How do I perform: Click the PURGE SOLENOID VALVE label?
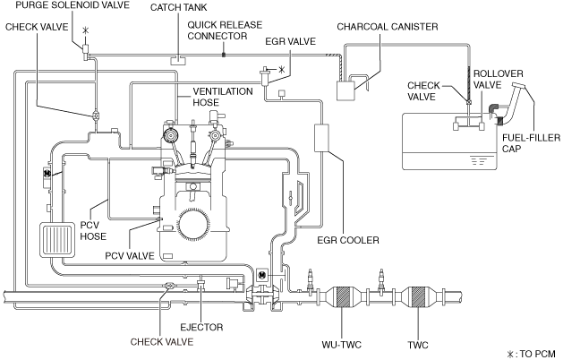coord(73,5)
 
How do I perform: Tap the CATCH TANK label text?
coord(178,7)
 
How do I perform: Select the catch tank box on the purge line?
coord(178,60)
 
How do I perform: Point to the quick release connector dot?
coord(224,55)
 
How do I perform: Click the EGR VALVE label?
coord(291,41)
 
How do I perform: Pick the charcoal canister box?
coord(345,90)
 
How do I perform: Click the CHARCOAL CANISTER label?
coord(388,27)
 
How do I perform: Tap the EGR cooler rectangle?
coord(321,138)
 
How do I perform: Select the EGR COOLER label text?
coord(348,240)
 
